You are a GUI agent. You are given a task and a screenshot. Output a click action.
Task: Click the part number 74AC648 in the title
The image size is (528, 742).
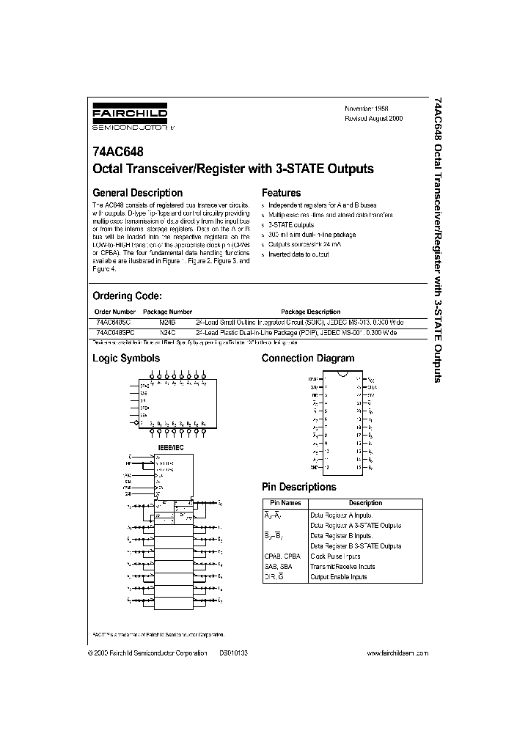pos(117,153)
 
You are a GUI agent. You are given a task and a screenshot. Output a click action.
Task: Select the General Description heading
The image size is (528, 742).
pos(136,193)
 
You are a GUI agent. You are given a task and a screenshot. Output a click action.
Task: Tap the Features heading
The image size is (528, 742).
pos(282,193)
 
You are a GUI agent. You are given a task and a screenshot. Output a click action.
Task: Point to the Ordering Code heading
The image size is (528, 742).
pos(126,295)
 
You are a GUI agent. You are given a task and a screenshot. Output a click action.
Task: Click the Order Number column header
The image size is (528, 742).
pos(115,312)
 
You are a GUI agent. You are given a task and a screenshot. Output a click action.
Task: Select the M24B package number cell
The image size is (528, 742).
pos(168,322)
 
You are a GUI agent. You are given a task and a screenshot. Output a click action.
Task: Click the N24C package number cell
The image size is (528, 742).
pos(168,332)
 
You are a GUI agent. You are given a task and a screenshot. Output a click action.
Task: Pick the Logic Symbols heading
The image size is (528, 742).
pos(125,359)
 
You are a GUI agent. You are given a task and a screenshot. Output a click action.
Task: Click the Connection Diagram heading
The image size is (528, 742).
pos(308,359)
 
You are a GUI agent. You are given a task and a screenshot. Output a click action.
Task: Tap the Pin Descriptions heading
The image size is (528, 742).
pos(299,487)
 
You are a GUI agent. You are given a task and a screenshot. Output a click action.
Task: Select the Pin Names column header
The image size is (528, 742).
pos(285,503)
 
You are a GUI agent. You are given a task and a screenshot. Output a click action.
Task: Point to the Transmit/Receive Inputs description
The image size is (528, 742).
pos(342,567)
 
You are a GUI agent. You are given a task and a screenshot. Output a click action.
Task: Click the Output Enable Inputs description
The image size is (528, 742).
pos(339,577)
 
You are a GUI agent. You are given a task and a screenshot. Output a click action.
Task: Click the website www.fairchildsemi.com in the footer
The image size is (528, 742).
pos(395,653)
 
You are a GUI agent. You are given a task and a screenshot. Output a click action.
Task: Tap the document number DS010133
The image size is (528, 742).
pos(234,653)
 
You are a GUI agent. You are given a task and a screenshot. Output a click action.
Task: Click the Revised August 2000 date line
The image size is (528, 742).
pos(374,118)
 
